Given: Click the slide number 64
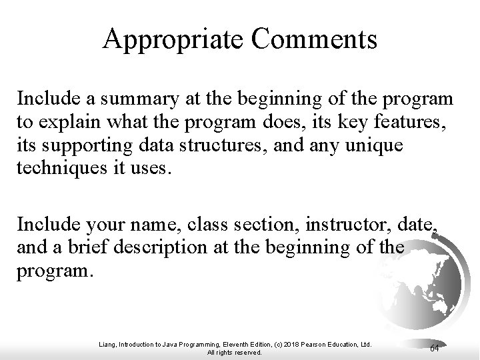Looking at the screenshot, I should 434,349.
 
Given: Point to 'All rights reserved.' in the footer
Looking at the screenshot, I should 235,352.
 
